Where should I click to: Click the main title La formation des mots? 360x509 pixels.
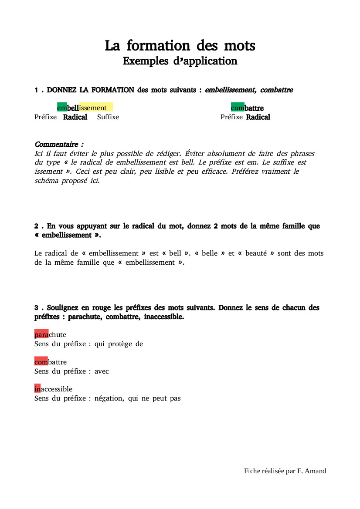click(x=180, y=45)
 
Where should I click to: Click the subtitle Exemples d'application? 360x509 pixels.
click(x=180, y=61)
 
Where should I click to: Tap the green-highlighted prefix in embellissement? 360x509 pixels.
click(x=62, y=108)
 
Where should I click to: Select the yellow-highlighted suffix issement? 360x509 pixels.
click(x=95, y=108)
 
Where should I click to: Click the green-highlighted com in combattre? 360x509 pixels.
click(x=238, y=108)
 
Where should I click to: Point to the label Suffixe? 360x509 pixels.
click(x=108, y=117)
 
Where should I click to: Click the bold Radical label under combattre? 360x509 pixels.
click(x=258, y=117)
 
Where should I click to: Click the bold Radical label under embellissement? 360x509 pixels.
click(x=75, y=117)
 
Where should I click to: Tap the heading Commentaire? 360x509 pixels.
click(x=58, y=144)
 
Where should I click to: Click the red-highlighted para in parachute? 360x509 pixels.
click(x=41, y=334)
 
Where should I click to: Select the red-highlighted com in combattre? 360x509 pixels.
click(x=41, y=362)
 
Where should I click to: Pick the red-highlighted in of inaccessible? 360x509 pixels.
click(x=37, y=389)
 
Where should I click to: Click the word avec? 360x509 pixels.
click(x=102, y=371)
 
